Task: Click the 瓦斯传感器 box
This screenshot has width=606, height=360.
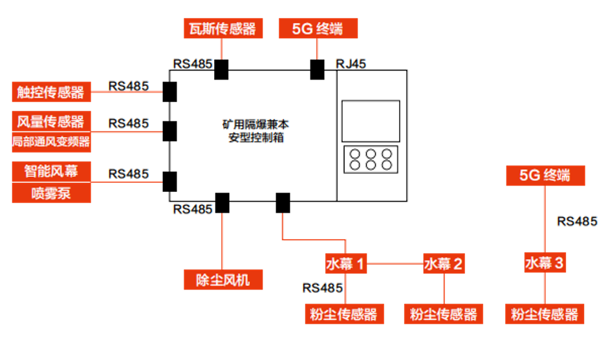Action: [223, 29]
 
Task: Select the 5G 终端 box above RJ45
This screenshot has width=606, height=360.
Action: [318, 29]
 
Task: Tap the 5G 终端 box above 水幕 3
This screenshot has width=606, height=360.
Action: [545, 175]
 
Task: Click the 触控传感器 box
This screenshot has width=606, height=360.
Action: [50, 92]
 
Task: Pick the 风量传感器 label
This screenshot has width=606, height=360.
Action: [50, 122]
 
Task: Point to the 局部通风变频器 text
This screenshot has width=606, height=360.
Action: [50, 142]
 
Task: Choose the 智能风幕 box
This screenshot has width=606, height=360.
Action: [50, 172]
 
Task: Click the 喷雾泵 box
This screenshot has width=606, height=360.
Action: [50, 193]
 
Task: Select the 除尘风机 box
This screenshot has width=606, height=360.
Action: [222, 280]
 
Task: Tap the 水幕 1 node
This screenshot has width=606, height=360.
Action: [345, 263]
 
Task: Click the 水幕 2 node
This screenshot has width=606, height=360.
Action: [444, 263]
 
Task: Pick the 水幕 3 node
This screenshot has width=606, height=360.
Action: [545, 263]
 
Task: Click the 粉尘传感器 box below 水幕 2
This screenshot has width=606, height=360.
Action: [444, 314]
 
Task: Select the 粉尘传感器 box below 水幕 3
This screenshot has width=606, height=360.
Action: [545, 314]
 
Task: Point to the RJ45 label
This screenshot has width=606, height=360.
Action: [351, 63]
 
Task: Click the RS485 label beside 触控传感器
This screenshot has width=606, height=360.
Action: [129, 85]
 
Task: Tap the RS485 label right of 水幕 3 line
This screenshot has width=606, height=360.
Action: [577, 221]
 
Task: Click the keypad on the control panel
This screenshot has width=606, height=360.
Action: [370, 159]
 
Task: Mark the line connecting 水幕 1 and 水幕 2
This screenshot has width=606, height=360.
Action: [395, 263]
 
